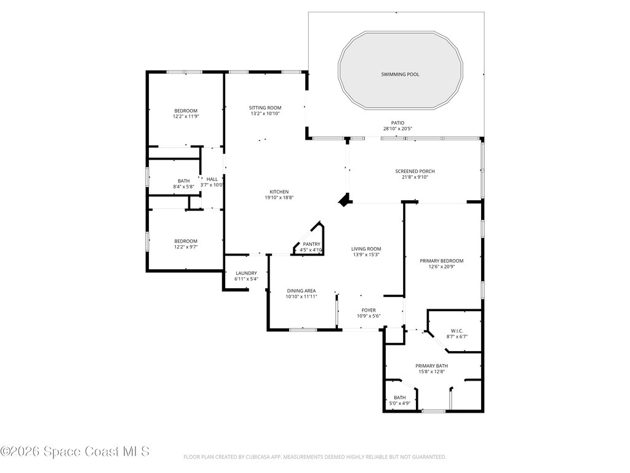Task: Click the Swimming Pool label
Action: point(400,75)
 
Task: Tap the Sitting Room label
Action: point(265,108)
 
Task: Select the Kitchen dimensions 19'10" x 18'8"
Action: point(279,198)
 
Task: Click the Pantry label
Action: point(312,244)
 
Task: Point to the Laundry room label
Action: point(246,273)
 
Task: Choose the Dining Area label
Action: point(301,291)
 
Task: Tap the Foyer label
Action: point(369,310)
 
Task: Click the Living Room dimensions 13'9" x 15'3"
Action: point(366,254)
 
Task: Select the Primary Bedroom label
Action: point(442,261)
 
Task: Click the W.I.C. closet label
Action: point(457,331)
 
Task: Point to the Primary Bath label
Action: point(432,366)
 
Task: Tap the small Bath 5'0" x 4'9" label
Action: point(400,400)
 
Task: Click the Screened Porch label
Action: point(415,171)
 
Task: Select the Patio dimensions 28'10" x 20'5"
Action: point(398,129)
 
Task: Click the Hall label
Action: point(212,179)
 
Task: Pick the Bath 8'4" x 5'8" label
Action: point(184,184)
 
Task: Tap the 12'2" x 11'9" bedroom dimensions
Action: point(186,116)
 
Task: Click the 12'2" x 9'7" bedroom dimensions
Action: point(186,247)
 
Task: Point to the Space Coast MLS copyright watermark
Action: point(74,451)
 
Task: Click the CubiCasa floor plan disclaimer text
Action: point(314,457)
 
